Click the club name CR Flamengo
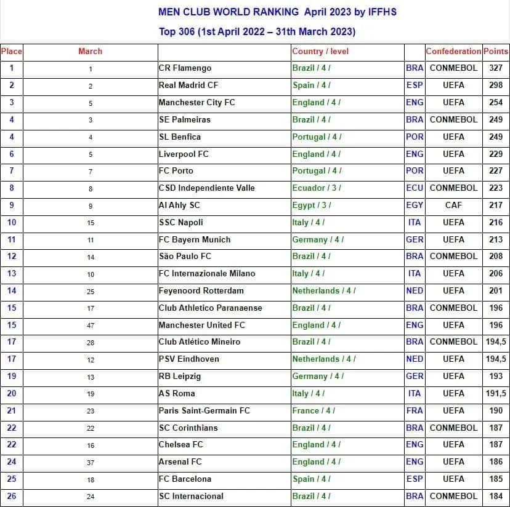pyautogui.click(x=185, y=68)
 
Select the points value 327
pyautogui.click(x=496, y=68)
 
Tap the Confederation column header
pyautogui.click(x=453, y=52)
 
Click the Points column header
pyautogui.click(x=496, y=52)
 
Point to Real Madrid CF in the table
pyautogui.click(x=188, y=86)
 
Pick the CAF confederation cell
pyautogui.click(x=453, y=205)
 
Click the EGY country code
pyautogui.click(x=415, y=205)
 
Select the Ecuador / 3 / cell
pyautogui.click(x=316, y=188)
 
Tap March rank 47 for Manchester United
pyautogui.click(x=91, y=325)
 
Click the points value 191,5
pyautogui.click(x=496, y=393)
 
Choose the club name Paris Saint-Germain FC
pyautogui.click(x=204, y=410)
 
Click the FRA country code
pyautogui.click(x=415, y=410)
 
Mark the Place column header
pyautogui.click(x=12, y=52)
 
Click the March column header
pyautogui.click(x=91, y=52)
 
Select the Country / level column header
pyautogui.click(x=320, y=52)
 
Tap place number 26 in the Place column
pyautogui.click(x=12, y=496)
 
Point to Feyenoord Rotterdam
pyautogui.click(x=201, y=290)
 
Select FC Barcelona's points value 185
pyautogui.click(x=496, y=479)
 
